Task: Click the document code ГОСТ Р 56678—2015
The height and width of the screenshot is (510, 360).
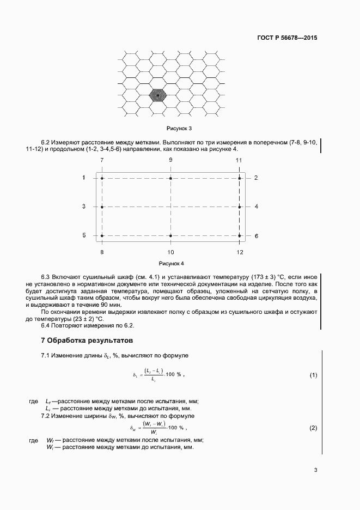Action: click(287, 38)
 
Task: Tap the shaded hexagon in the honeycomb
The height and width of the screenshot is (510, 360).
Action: click(158, 95)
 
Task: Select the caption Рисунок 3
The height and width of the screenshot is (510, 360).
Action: click(179, 129)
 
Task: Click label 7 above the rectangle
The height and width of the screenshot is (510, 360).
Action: click(102, 160)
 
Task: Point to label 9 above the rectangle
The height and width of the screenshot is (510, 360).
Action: click(171, 160)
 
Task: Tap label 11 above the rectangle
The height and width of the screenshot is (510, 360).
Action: click(239, 160)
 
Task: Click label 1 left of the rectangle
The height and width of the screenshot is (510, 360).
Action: click(84, 178)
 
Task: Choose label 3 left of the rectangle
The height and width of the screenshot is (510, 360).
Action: click(84, 207)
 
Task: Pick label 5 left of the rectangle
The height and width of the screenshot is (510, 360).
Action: click(84, 235)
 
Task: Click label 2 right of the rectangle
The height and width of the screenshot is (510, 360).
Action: click(256, 178)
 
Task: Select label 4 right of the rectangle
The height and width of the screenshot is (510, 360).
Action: click(256, 207)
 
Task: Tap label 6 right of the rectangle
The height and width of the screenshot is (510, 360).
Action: click(256, 236)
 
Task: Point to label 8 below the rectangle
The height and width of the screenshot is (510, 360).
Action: click(102, 253)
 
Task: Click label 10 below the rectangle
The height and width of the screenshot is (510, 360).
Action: click(171, 253)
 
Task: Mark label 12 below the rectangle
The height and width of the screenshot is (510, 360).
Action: click(240, 253)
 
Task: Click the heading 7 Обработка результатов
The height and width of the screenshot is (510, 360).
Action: click(87, 341)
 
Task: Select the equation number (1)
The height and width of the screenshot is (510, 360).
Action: click(313, 375)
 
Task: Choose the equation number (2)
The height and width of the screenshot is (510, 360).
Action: click(313, 428)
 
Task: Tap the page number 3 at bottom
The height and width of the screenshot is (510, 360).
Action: click(315, 471)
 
